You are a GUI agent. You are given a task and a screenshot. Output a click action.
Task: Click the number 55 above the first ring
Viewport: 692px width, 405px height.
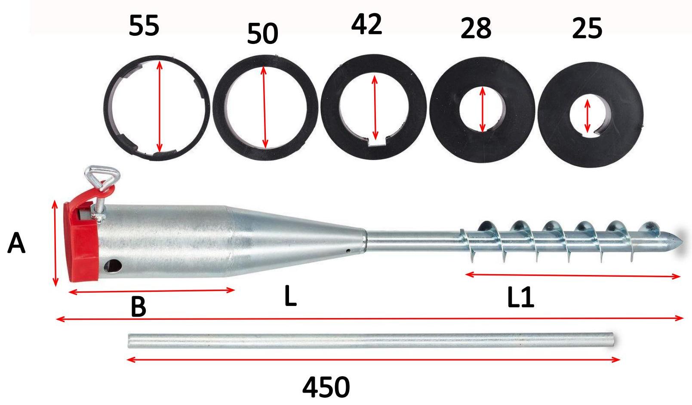point(144,25)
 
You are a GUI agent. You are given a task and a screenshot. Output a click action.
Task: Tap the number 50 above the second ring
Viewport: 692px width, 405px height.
point(263,34)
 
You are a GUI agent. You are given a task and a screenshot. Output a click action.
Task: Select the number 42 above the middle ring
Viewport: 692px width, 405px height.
point(367,24)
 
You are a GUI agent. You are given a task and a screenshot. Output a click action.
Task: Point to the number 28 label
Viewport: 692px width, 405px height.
point(476,28)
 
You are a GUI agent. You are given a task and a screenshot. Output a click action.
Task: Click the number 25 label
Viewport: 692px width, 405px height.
point(587,28)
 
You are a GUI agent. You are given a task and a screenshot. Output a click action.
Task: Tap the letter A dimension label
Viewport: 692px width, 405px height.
point(16,243)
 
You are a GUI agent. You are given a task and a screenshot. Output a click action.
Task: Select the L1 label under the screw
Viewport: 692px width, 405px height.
point(520,297)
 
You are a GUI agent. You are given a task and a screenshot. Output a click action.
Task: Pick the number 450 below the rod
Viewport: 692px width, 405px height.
point(326,387)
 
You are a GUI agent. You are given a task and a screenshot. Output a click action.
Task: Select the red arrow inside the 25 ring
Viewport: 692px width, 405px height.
point(587,115)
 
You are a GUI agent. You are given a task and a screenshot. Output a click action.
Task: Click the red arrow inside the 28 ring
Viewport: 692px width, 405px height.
point(483,109)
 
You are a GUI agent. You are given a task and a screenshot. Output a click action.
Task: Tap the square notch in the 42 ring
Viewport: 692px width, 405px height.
point(376,141)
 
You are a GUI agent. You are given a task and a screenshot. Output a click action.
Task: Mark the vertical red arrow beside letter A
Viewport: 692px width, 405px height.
point(55,243)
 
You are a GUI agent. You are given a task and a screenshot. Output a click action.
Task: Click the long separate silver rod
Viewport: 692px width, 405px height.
point(371,340)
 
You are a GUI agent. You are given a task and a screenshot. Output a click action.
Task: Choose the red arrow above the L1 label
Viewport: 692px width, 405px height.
point(573,275)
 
